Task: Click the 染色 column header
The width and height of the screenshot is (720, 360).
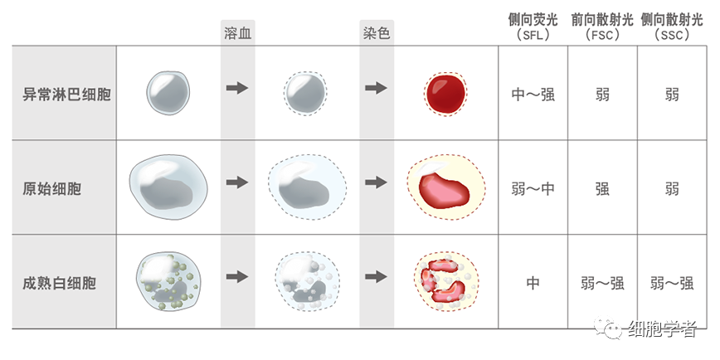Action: pyautogui.click(x=377, y=33)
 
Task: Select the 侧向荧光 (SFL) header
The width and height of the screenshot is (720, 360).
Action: pyautogui.click(x=533, y=27)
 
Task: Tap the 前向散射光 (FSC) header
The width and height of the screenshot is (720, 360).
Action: pyautogui.click(x=602, y=27)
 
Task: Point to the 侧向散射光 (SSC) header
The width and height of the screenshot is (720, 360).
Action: pyautogui.click(x=673, y=27)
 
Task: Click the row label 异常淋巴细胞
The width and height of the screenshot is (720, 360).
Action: pyautogui.click(x=66, y=93)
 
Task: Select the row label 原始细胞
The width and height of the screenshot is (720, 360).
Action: pyautogui.click(x=51, y=188)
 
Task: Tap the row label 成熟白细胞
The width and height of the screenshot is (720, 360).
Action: pyautogui.click(x=59, y=283)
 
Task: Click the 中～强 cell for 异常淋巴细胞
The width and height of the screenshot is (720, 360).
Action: pyautogui.click(x=533, y=94)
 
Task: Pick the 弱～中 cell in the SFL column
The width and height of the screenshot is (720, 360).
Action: pyautogui.click(x=533, y=188)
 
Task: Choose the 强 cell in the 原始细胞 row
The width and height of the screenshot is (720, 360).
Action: pyautogui.click(x=602, y=188)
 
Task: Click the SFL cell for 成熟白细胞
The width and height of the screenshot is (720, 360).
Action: pyautogui.click(x=533, y=283)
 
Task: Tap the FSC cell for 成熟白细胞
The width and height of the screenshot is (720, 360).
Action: pyautogui.click(x=602, y=283)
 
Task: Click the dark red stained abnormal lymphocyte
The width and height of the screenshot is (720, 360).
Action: pyautogui.click(x=445, y=91)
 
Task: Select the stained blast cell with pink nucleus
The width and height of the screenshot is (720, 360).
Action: pyautogui.click(x=445, y=188)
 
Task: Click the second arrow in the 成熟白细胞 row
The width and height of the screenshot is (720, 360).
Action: pyautogui.click(x=377, y=277)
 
